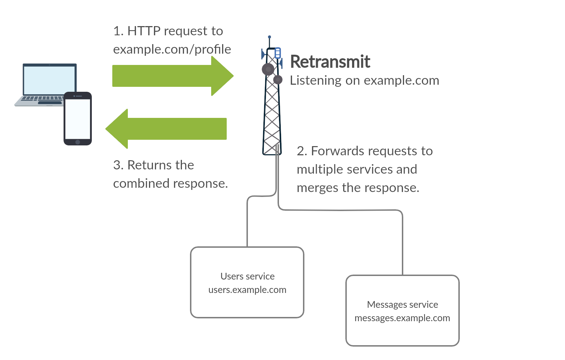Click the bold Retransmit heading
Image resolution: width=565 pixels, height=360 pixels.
330,62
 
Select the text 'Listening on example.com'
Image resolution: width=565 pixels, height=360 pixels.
364,80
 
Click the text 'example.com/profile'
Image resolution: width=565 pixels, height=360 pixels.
172,49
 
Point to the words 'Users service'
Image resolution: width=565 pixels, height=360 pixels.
247,276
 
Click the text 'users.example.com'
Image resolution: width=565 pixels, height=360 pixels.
247,290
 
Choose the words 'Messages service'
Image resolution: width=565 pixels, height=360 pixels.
402,305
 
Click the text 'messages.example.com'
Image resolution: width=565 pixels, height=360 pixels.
402,318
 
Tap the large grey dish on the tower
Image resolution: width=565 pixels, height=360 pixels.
268,69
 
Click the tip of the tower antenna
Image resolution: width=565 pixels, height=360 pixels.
269,37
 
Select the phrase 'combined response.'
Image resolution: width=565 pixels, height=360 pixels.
171,184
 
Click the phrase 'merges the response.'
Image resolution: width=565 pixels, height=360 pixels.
358,188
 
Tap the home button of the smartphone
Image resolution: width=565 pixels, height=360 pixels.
78,142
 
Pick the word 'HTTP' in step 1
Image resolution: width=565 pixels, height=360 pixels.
144,31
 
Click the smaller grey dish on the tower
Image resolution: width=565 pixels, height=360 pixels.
278,80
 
